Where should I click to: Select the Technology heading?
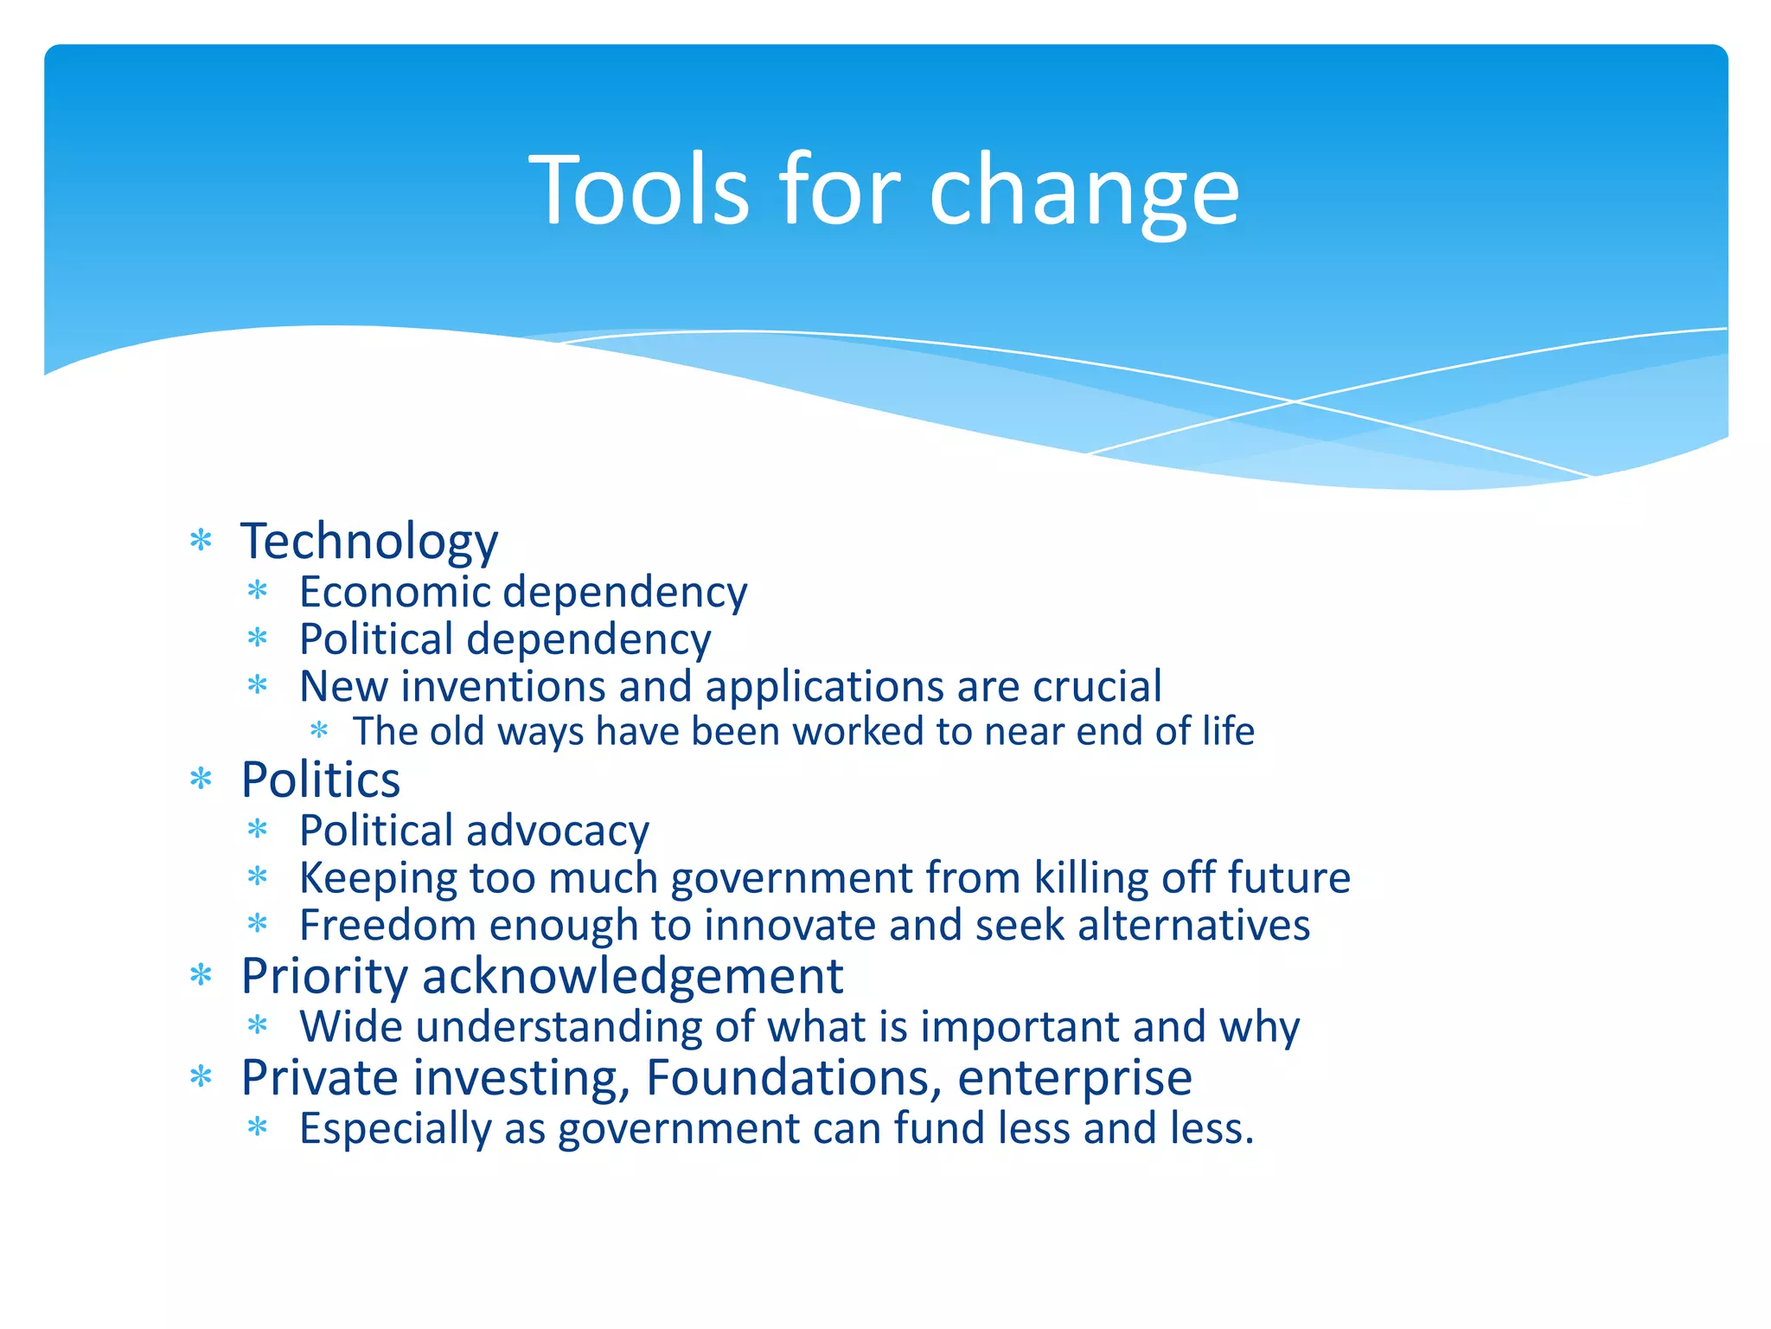[x=369, y=542]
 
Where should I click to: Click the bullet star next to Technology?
[x=201, y=542]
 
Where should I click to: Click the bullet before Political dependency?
[x=258, y=639]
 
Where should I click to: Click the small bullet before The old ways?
[x=319, y=731]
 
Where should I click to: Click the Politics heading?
[x=320, y=780]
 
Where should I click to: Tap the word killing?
[x=1091, y=878]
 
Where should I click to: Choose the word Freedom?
[x=387, y=925]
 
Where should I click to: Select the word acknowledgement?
[x=632, y=977]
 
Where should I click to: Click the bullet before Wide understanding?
[x=258, y=1027]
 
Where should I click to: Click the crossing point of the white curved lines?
[x=1295, y=401]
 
